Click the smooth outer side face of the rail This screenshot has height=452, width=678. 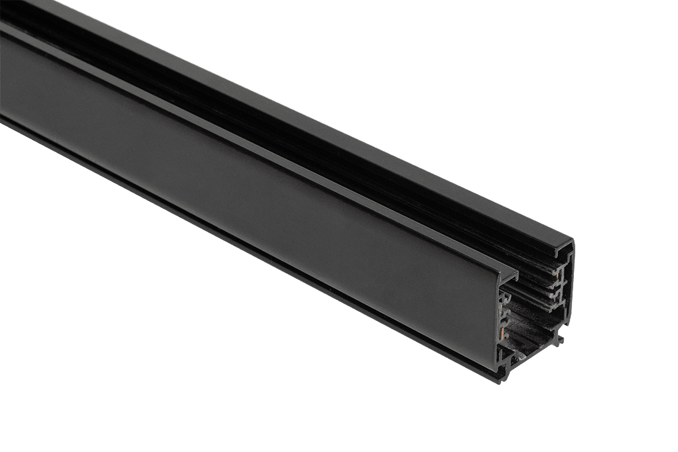(x=251, y=188)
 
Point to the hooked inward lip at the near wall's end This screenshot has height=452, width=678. (x=512, y=276)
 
